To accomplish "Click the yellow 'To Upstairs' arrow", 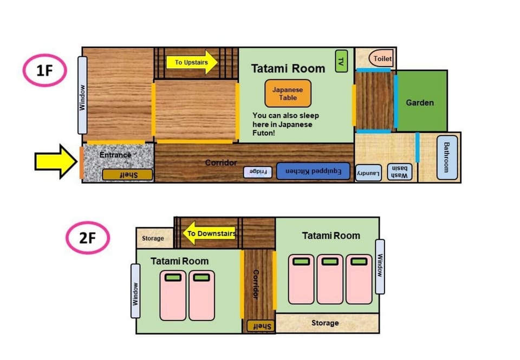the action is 192,62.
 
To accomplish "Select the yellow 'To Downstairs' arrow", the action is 209,233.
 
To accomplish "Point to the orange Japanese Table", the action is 288,94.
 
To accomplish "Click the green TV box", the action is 341,61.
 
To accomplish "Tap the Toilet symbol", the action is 381,58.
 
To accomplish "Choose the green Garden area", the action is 422,101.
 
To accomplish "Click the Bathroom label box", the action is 447,158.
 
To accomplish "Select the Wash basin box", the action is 400,172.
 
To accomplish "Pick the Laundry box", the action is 368,173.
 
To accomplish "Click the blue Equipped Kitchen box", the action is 313,171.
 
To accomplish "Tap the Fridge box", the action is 258,172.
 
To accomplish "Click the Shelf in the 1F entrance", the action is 127,175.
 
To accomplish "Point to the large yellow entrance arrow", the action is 56,161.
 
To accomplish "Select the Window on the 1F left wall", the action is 82,95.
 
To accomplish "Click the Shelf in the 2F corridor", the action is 261,326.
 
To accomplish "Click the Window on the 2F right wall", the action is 380,266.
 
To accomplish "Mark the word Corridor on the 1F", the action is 221,162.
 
